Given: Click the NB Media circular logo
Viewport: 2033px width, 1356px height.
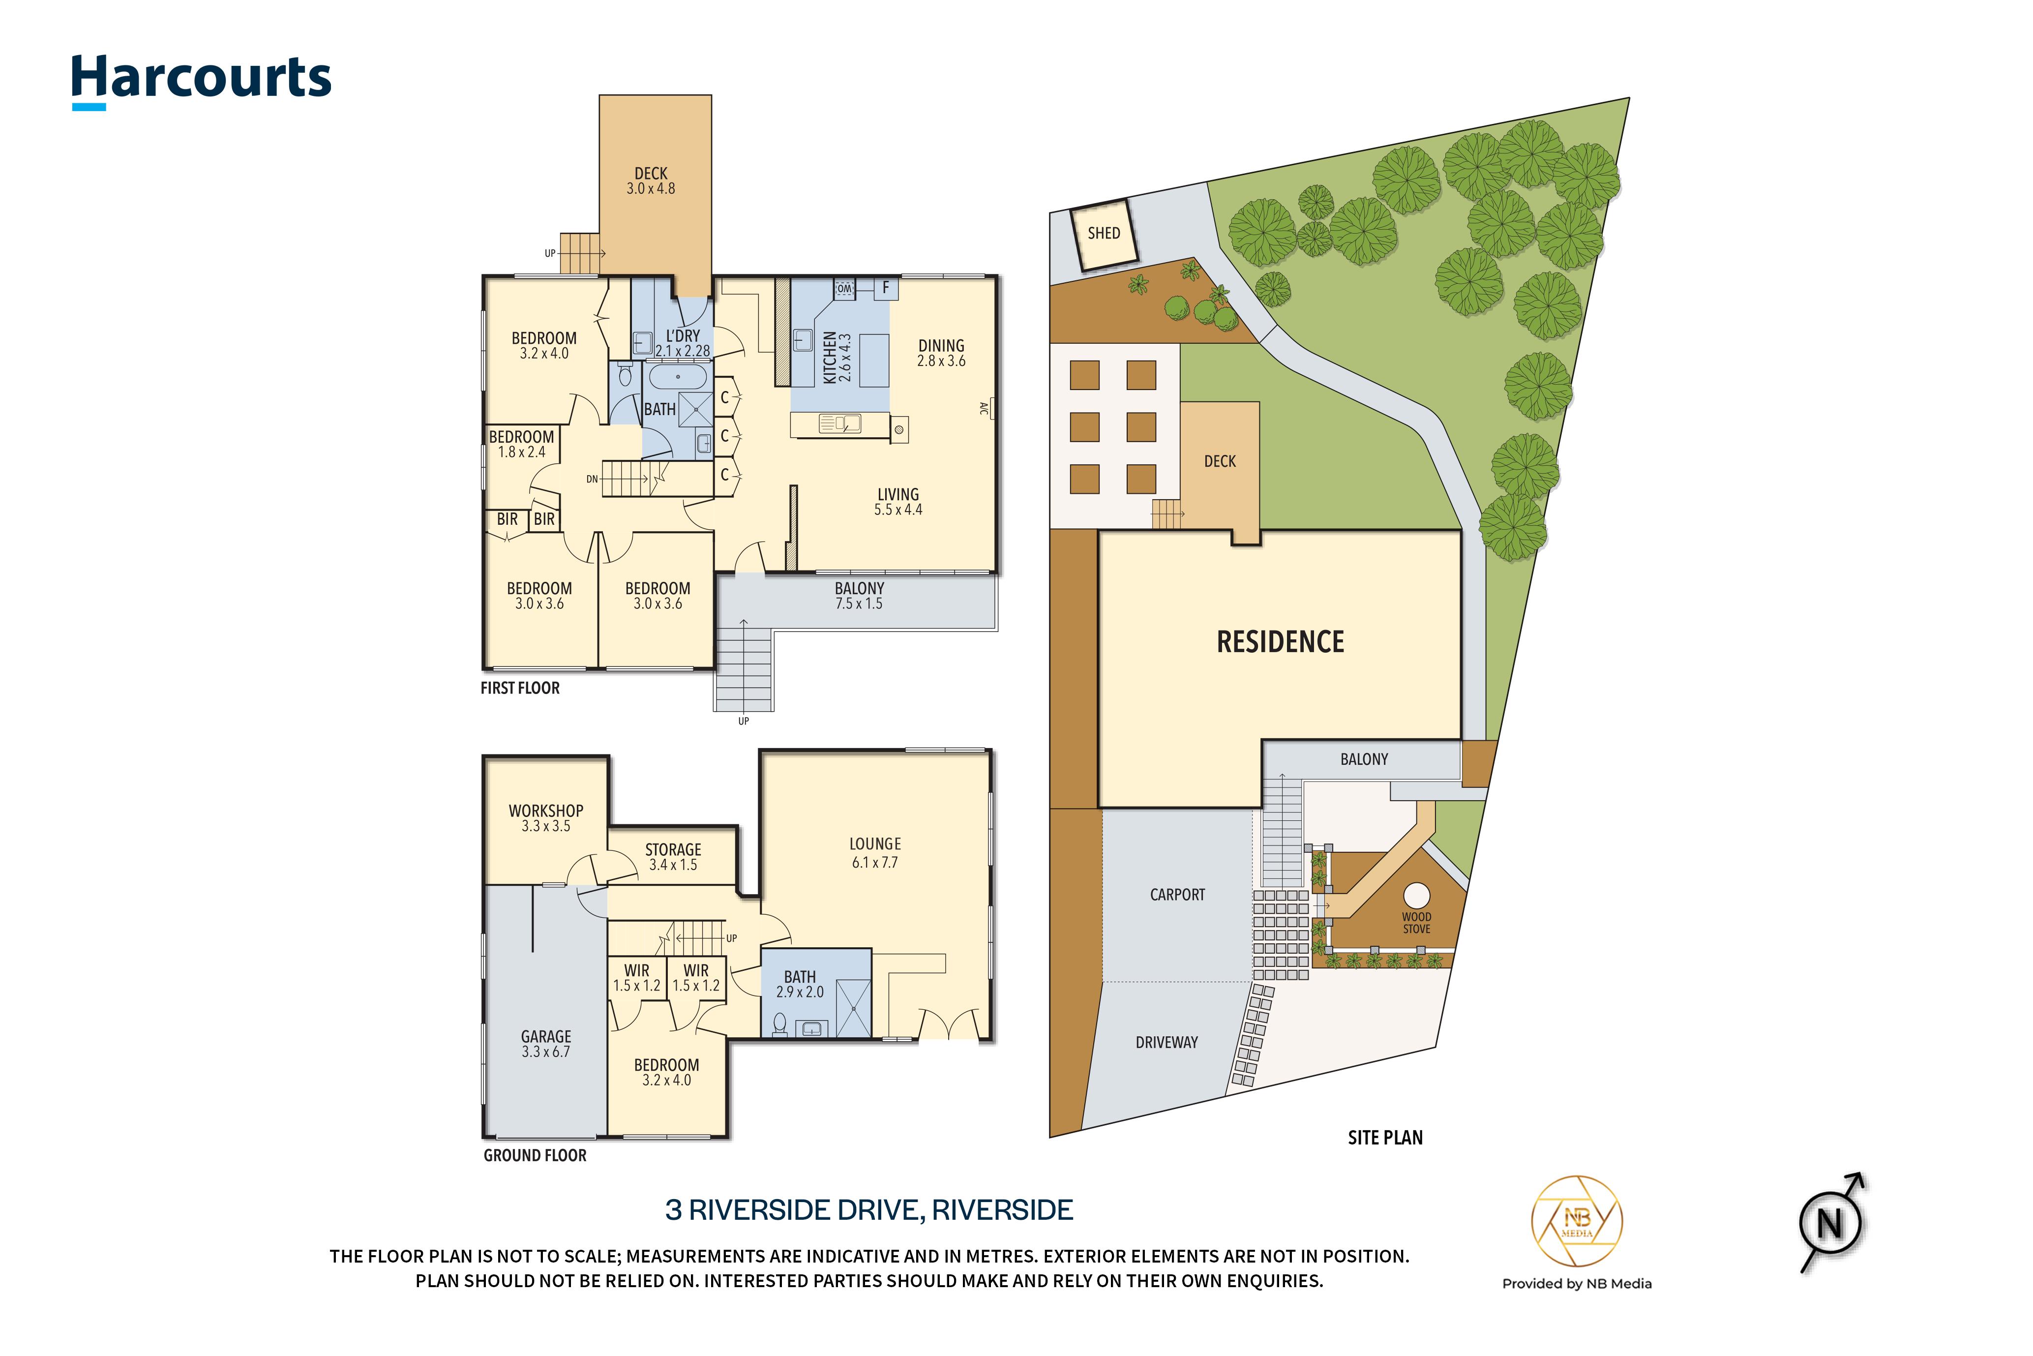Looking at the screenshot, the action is pyautogui.click(x=1577, y=1222).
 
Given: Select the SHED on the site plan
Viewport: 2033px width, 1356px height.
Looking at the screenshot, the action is pyautogui.click(x=1104, y=234).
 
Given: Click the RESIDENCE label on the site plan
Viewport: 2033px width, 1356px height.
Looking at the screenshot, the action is pyautogui.click(x=1281, y=642).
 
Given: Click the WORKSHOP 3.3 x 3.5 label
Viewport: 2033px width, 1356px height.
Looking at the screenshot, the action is pyautogui.click(x=546, y=818).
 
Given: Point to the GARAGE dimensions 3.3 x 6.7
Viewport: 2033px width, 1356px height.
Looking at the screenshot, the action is pyautogui.click(x=546, y=1052).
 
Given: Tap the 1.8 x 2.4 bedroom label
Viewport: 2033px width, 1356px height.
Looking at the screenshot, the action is pyautogui.click(x=521, y=452).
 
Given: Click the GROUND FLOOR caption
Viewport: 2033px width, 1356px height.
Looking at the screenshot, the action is pyautogui.click(x=535, y=1155).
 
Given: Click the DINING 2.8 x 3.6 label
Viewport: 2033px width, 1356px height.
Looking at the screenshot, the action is pyautogui.click(x=941, y=353).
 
